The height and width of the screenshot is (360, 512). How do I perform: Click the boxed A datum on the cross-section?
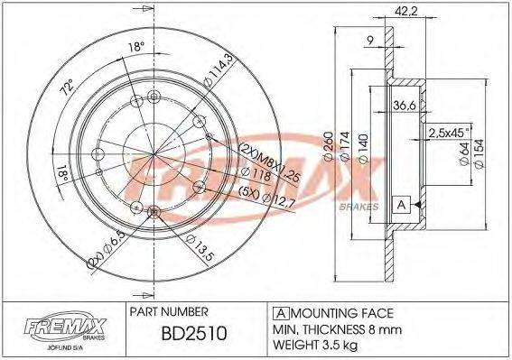point(401,205)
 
